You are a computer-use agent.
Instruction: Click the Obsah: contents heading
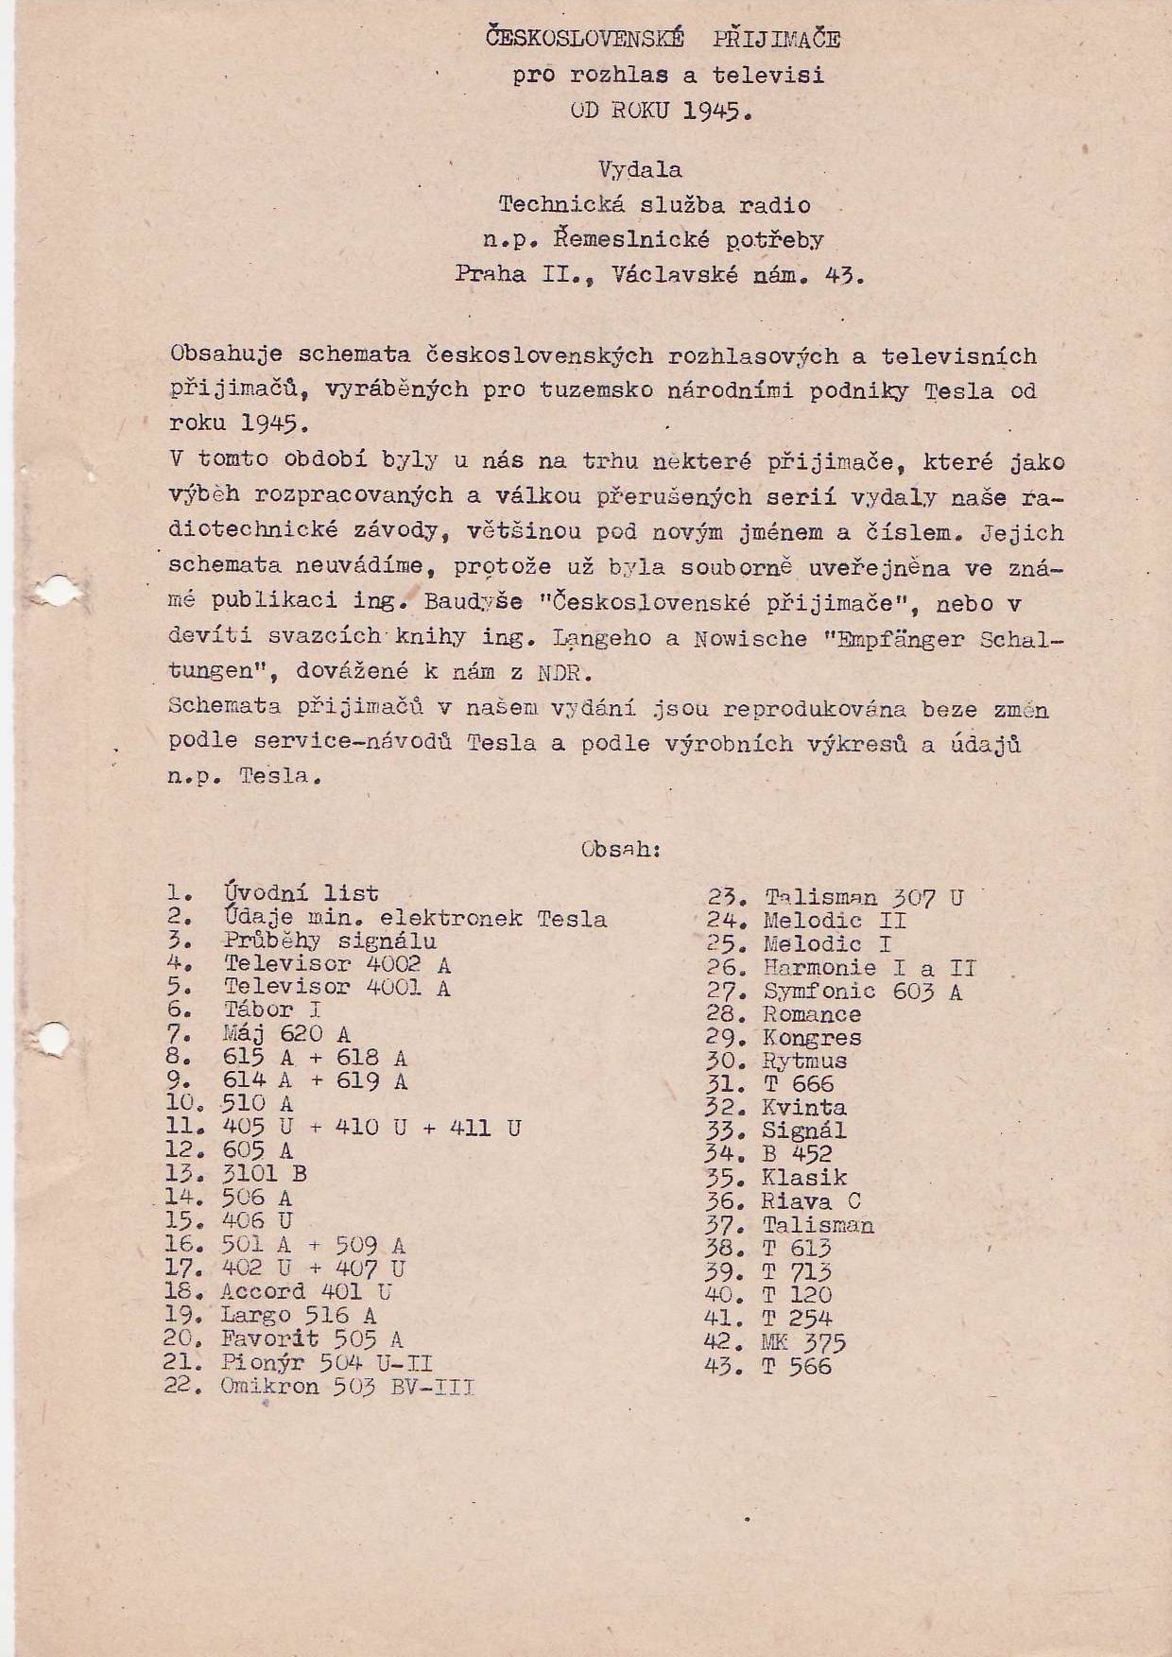[621, 849]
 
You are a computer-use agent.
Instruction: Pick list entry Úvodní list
[301, 893]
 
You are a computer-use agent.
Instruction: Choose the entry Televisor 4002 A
[336, 964]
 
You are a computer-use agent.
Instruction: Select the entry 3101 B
[264, 1174]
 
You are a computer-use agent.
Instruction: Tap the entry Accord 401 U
[305, 1292]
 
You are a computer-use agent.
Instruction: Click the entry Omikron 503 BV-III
[347, 1387]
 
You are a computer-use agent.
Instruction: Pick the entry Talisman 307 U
[864, 898]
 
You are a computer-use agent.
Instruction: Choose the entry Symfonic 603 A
[862, 992]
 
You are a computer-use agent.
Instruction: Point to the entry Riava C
[811, 1202]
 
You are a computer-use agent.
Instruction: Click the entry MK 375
[802, 1343]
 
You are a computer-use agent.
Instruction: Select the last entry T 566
[797, 1367]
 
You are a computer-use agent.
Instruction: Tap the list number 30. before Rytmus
[724, 1062]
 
